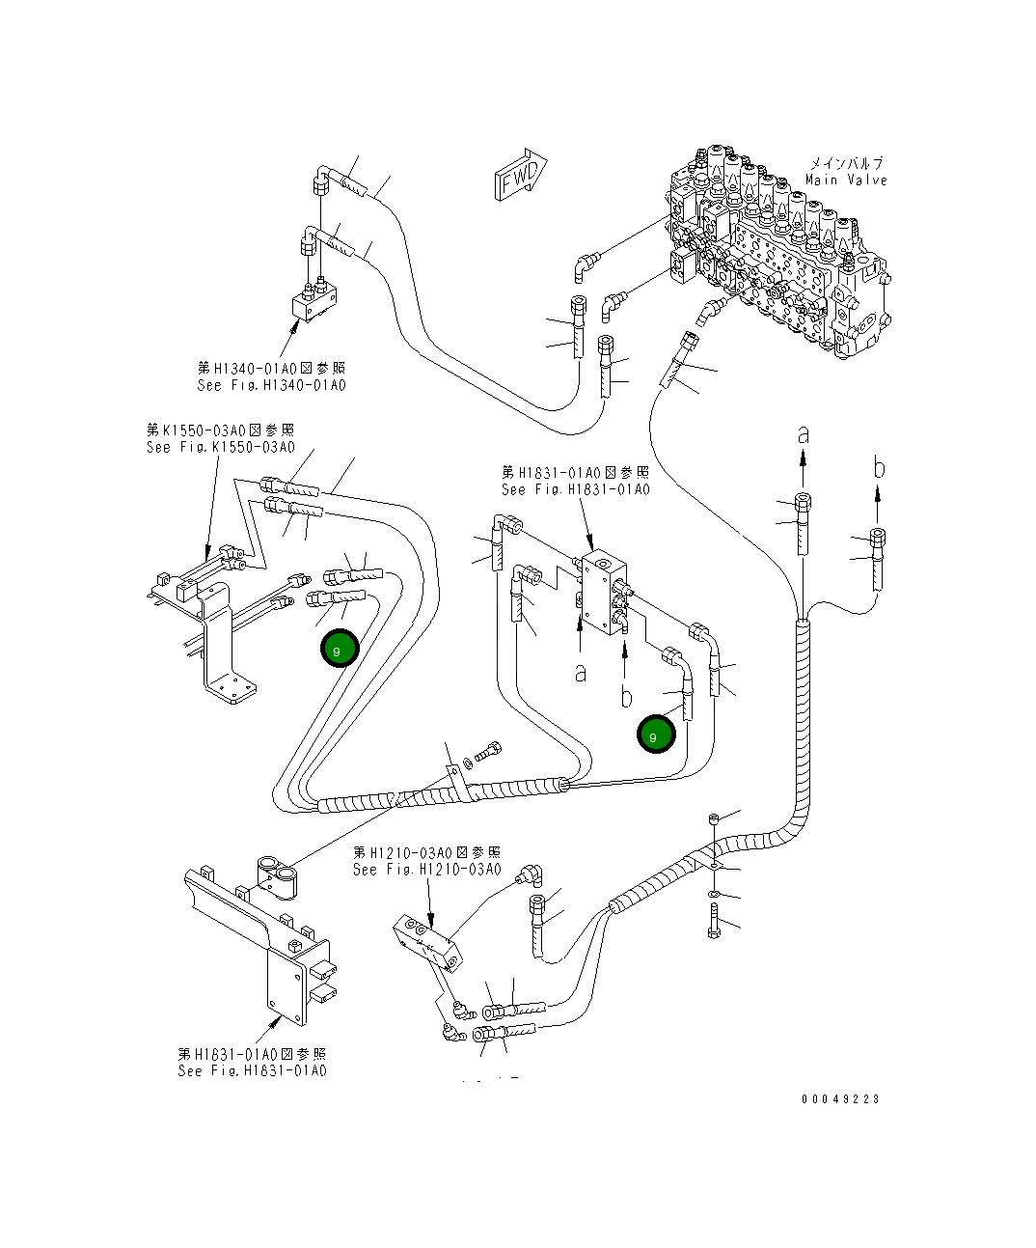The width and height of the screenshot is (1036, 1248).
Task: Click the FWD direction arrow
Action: coord(522,175)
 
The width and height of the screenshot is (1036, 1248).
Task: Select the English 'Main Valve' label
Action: coord(845,180)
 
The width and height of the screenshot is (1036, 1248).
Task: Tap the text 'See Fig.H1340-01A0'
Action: coord(271,385)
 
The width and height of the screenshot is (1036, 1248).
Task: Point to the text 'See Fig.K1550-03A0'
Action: coord(221,447)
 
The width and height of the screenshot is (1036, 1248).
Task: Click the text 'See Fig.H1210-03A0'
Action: coord(426,870)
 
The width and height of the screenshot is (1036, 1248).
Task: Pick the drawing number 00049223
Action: coord(839,1098)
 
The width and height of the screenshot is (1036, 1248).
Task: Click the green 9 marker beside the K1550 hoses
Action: coord(340,651)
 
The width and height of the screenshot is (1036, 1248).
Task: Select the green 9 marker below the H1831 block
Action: coord(656,735)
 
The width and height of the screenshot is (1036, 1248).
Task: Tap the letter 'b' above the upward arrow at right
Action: coord(878,469)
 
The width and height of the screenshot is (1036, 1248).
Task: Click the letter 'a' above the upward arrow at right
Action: coord(803,435)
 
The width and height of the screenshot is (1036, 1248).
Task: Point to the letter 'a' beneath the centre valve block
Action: coord(580,672)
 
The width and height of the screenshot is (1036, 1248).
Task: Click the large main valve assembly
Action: coord(772,251)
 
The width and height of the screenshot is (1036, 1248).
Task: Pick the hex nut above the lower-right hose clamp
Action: coord(712,818)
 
